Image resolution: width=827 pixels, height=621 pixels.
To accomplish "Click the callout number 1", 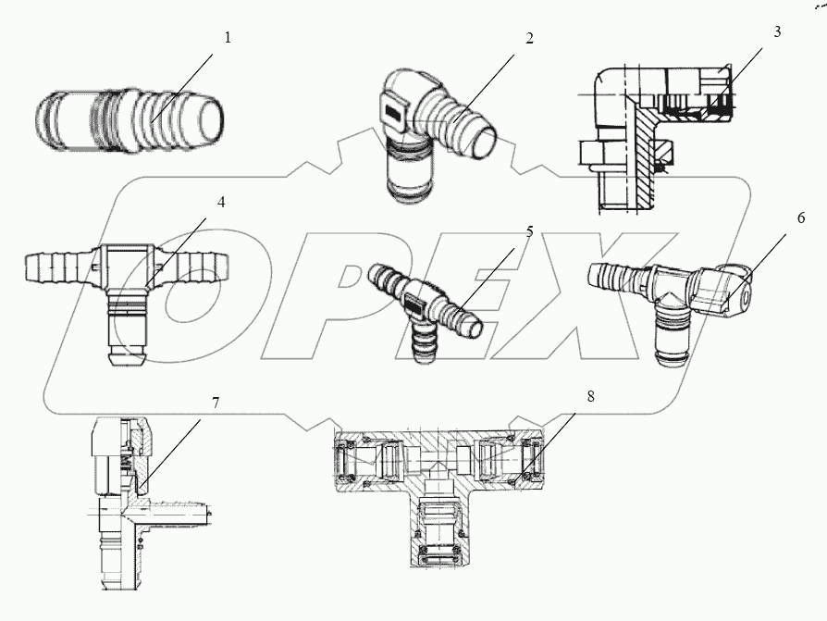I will pyautogui.click(x=228, y=38).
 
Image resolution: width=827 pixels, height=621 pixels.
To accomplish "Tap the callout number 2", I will pyautogui.click(x=530, y=38).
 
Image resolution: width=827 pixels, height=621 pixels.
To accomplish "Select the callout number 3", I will pyautogui.click(x=777, y=31).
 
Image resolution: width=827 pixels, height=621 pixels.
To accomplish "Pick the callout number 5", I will pyautogui.click(x=530, y=231).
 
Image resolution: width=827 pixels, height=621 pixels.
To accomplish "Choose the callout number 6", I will pyautogui.click(x=801, y=218).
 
